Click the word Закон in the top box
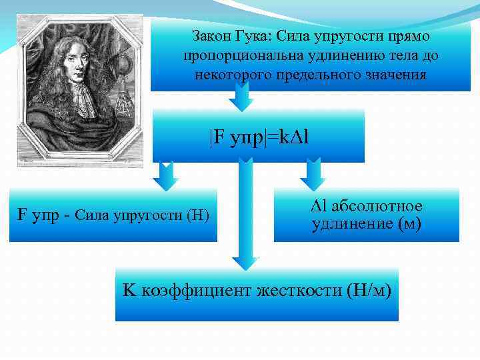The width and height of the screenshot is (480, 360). click(x=209, y=33)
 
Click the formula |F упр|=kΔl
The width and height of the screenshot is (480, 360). click(x=258, y=138)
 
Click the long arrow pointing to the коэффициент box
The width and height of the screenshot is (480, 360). click(x=245, y=213)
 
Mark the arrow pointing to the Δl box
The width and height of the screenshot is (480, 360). click(x=311, y=175)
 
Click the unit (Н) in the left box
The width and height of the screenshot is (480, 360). click(x=198, y=215)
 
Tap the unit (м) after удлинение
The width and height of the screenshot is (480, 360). click(x=408, y=224)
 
